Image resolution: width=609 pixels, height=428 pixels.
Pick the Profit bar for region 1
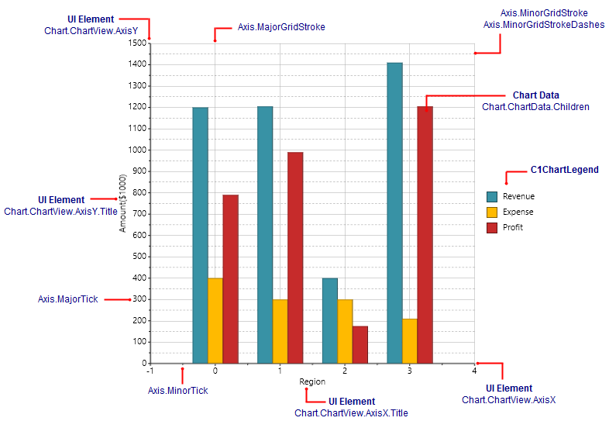(294, 257)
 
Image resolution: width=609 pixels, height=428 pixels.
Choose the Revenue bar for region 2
(329, 319)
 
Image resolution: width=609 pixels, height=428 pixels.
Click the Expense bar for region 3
(409, 340)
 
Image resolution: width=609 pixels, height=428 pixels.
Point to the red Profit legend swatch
(491, 227)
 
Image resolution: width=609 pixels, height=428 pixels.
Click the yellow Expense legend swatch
(491, 212)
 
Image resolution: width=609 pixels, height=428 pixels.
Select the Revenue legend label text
(518, 196)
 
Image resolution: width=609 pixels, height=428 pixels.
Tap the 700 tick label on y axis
(139, 214)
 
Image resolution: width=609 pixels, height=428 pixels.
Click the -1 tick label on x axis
(150, 371)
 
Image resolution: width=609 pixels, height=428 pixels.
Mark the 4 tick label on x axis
(473, 371)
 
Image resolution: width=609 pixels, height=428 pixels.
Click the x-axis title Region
(312, 381)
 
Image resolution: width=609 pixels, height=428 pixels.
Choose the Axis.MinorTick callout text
(177, 390)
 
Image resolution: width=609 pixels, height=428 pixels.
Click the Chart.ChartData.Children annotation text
(535, 107)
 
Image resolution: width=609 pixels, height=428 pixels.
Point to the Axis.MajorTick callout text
(67, 299)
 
